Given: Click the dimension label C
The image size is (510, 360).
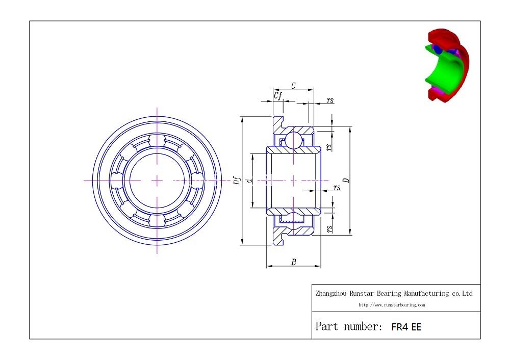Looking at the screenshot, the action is click(x=293, y=86).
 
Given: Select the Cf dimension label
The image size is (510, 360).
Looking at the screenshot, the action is click(x=278, y=95).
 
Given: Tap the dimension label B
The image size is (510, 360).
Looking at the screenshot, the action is click(x=294, y=262).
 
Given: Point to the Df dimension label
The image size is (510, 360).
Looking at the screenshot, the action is click(x=238, y=181).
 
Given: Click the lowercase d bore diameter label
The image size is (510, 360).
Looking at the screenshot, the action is click(x=249, y=180).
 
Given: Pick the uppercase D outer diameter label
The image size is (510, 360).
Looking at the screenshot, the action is click(x=347, y=181).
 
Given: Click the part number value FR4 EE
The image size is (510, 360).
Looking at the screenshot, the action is click(x=406, y=327).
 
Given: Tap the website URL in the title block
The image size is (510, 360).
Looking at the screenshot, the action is click(x=392, y=305).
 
